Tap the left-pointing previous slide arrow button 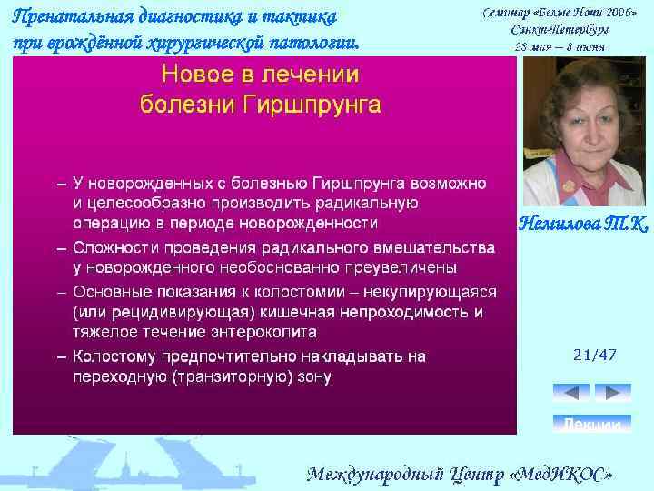pos(570,393)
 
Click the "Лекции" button pos(592,424)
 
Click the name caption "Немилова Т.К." pos(584,224)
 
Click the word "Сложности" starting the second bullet pos(115,247)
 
